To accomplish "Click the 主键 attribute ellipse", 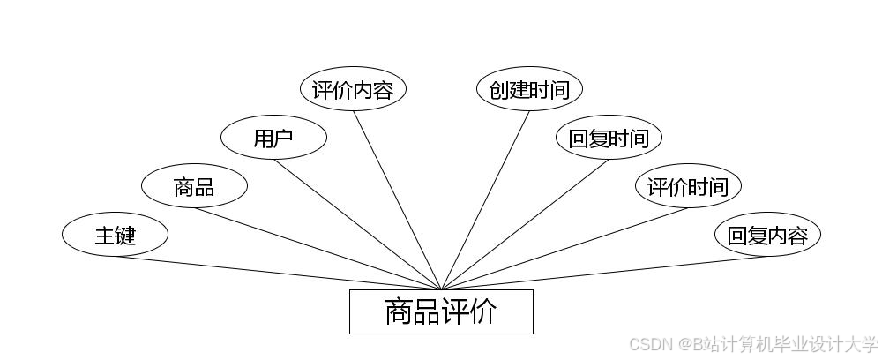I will [115, 236].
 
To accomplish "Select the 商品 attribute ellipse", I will [194, 186].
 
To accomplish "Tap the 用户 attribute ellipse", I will [273, 138].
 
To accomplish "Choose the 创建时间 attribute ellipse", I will [529, 90].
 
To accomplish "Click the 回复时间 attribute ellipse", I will [609, 138].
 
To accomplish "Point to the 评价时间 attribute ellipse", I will [688, 186].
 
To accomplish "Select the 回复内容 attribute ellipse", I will [767, 236].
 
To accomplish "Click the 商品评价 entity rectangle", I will [441, 311].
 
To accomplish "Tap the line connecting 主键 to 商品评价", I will [278, 273].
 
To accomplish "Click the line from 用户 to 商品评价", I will [357, 224].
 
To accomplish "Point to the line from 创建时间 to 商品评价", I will [485, 200].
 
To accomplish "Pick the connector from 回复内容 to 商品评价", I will [604, 273].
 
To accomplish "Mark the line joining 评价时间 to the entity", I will [564, 249].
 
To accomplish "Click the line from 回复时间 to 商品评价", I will [525, 224].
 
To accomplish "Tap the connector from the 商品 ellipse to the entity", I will [318, 249].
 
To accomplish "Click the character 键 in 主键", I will [125, 236].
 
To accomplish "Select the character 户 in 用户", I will [284, 138].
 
